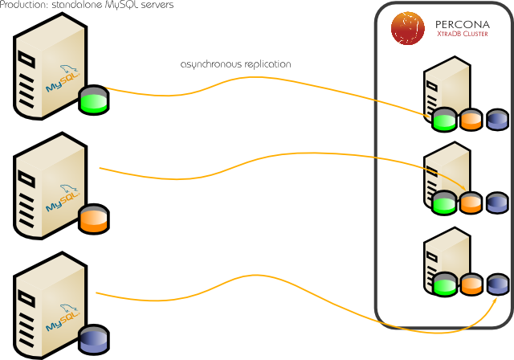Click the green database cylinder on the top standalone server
93,100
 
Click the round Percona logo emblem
408,27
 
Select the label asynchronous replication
235,63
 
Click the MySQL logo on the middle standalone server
61,197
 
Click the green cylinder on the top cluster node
444,121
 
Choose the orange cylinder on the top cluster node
471,121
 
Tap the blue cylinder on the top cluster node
497,121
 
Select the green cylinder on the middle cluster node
444,202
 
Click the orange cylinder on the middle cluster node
471,202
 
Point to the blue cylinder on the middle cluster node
497,202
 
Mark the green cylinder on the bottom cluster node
444,284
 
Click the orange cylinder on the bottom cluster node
471,284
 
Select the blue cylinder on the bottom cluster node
497,284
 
